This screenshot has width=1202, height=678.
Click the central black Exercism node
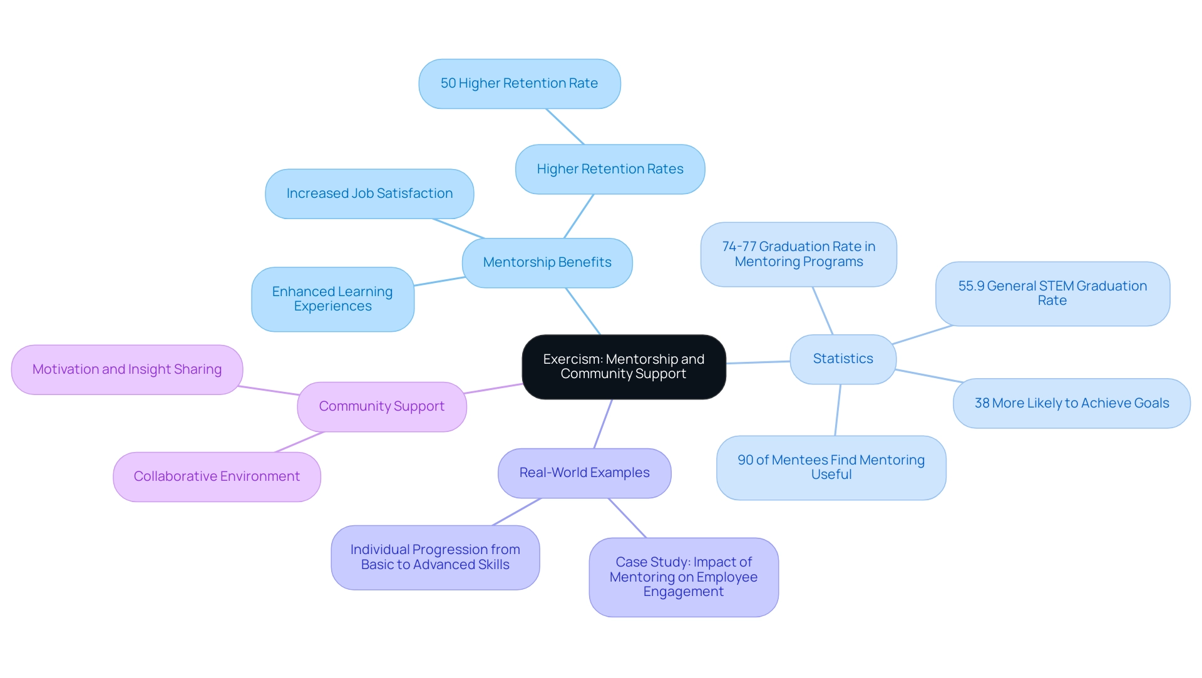pyautogui.click(x=624, y=367)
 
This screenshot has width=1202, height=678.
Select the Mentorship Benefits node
pyautogui.click(x=547, y=263)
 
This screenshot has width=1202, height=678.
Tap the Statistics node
pyautogui.click(x=843, y=359)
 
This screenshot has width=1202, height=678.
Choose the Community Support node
pyautogui.click(x=382, y=407)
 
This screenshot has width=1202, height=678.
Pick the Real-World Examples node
pyautogui.click(x=584, y=473)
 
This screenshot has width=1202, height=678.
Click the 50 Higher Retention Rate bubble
pyautogui.click(x=519, y=84)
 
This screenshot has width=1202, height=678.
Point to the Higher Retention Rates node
pyautogui.click(x=610, y=170)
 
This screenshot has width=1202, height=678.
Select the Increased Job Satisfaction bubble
pyautogui.click(x=369, y=194)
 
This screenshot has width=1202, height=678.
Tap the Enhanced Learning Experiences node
pyautogui.click(x=332, y=299)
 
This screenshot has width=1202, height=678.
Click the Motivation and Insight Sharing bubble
pyautogui.click(x=127, y=370)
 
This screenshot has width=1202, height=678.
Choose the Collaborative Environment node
pyautogui.click(x=217, y=477)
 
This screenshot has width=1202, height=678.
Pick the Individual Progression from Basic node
pyautogui.click(x=435, y=557)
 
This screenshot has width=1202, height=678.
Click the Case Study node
pyautogui.click(x=684, y=577)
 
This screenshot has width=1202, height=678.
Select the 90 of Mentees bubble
pyautogui.click(x=831, y=468)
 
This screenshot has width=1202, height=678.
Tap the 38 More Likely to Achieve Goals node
pyautogui.click(x=1071, y=404)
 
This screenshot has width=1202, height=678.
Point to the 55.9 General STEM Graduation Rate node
pyautogui.click(x=1052, y=294)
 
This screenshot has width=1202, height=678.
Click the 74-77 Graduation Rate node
pyautogui.click(x=798, y=255)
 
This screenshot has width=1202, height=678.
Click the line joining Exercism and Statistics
pyautogui.click(x=758, y=362)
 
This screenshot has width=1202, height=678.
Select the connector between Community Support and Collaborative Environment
pyautogui.click(x=299, y=442)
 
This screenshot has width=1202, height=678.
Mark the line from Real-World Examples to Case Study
pyautogui.click(x=627, y=518)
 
